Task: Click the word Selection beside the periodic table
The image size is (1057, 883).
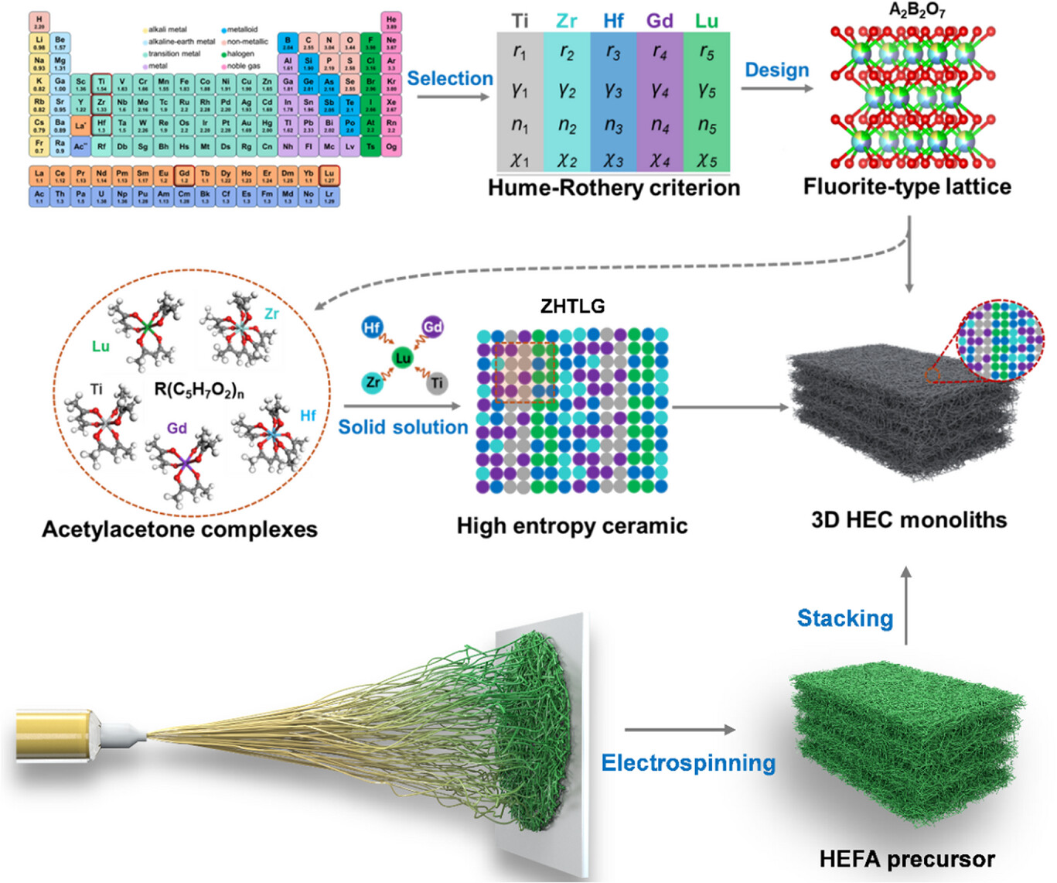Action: tap(449, 78)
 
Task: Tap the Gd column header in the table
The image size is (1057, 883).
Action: tap(660, 21)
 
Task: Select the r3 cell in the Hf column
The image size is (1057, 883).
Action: tap(613, 53)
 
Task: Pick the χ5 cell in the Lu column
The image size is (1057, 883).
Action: tap(706, 160)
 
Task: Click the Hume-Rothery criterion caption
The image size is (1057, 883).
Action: tap(614, 187)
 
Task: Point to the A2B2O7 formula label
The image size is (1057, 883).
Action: tap(917, 10)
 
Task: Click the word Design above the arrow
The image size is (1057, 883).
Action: tap(776, 70)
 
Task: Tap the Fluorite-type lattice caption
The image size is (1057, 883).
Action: tap(907, 187)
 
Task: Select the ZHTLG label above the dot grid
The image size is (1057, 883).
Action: tap(572, 306)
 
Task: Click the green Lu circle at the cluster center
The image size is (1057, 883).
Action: tap(403, 358)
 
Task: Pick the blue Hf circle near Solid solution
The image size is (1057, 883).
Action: tap(372, 327)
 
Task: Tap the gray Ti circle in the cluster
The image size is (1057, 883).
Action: tap(438, 382)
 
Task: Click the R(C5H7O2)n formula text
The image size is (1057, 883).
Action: tap(199, 389)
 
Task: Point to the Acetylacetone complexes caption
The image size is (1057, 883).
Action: tap(179, 529)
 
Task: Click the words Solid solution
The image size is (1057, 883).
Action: tap(403, 427)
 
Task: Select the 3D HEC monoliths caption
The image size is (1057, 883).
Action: tap(909, 519)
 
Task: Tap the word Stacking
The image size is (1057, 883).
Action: tap(845, 618)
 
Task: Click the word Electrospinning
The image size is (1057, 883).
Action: tap(688, 763)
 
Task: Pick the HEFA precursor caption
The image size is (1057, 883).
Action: tap(907, 858)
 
